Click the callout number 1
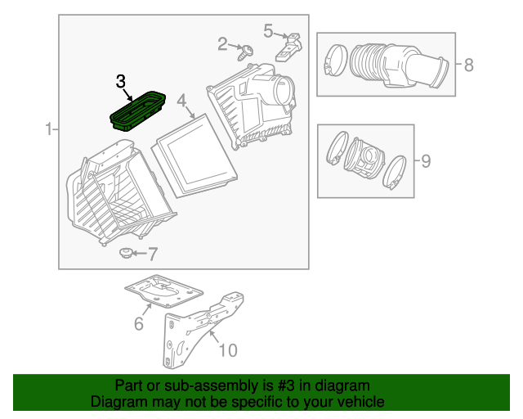pos(48,128)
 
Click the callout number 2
pos(222,43)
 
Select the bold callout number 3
pos(121,81)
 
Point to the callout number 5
pos(268,30)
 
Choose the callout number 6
pos(139,325)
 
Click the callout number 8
pos(468,65)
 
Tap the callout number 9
pos(425,160)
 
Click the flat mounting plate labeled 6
pos(163,291)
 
